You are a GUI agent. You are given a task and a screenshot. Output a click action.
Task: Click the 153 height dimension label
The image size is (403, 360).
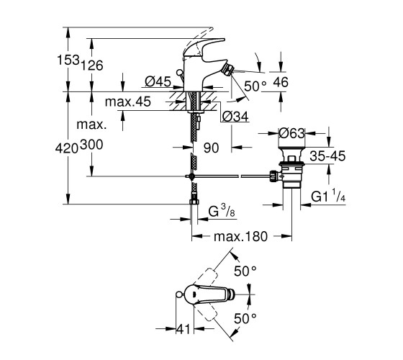(68, 60)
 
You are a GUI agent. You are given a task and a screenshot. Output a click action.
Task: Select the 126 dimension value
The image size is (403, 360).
(92, 66)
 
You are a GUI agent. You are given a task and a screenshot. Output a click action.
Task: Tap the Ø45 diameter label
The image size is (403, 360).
(158, 82)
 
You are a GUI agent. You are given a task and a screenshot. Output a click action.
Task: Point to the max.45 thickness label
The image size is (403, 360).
(128, 102)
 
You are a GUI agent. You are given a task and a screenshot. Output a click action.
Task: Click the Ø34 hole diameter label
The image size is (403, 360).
(236, 117)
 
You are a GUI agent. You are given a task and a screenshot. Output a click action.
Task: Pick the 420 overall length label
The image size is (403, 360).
(67, 148)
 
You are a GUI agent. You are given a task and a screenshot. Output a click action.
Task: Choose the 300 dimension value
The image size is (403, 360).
(91, 145)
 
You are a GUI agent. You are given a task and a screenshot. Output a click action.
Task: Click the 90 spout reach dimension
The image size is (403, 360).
(211, 148)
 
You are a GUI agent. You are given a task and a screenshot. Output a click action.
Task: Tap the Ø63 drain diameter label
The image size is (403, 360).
(292, 133)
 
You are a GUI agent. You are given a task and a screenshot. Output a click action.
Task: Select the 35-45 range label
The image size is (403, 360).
(327, 156)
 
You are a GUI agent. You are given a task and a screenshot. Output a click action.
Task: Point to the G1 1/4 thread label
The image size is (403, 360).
(328, 196)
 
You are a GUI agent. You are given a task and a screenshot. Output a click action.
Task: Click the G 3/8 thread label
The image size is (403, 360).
(222, 212)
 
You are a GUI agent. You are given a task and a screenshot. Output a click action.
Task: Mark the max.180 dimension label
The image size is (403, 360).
(240, 236)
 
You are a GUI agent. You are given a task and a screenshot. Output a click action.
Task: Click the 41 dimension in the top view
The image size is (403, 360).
(184, 329)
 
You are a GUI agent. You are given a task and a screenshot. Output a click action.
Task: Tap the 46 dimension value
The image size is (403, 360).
(281, 82)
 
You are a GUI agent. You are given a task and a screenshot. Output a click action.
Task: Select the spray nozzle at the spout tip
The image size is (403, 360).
(227, 69)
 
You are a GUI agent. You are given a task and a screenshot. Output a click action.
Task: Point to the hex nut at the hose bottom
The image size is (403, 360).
(194, 202)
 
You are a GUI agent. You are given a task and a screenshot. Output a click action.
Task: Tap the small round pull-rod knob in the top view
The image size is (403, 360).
(179, 294)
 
